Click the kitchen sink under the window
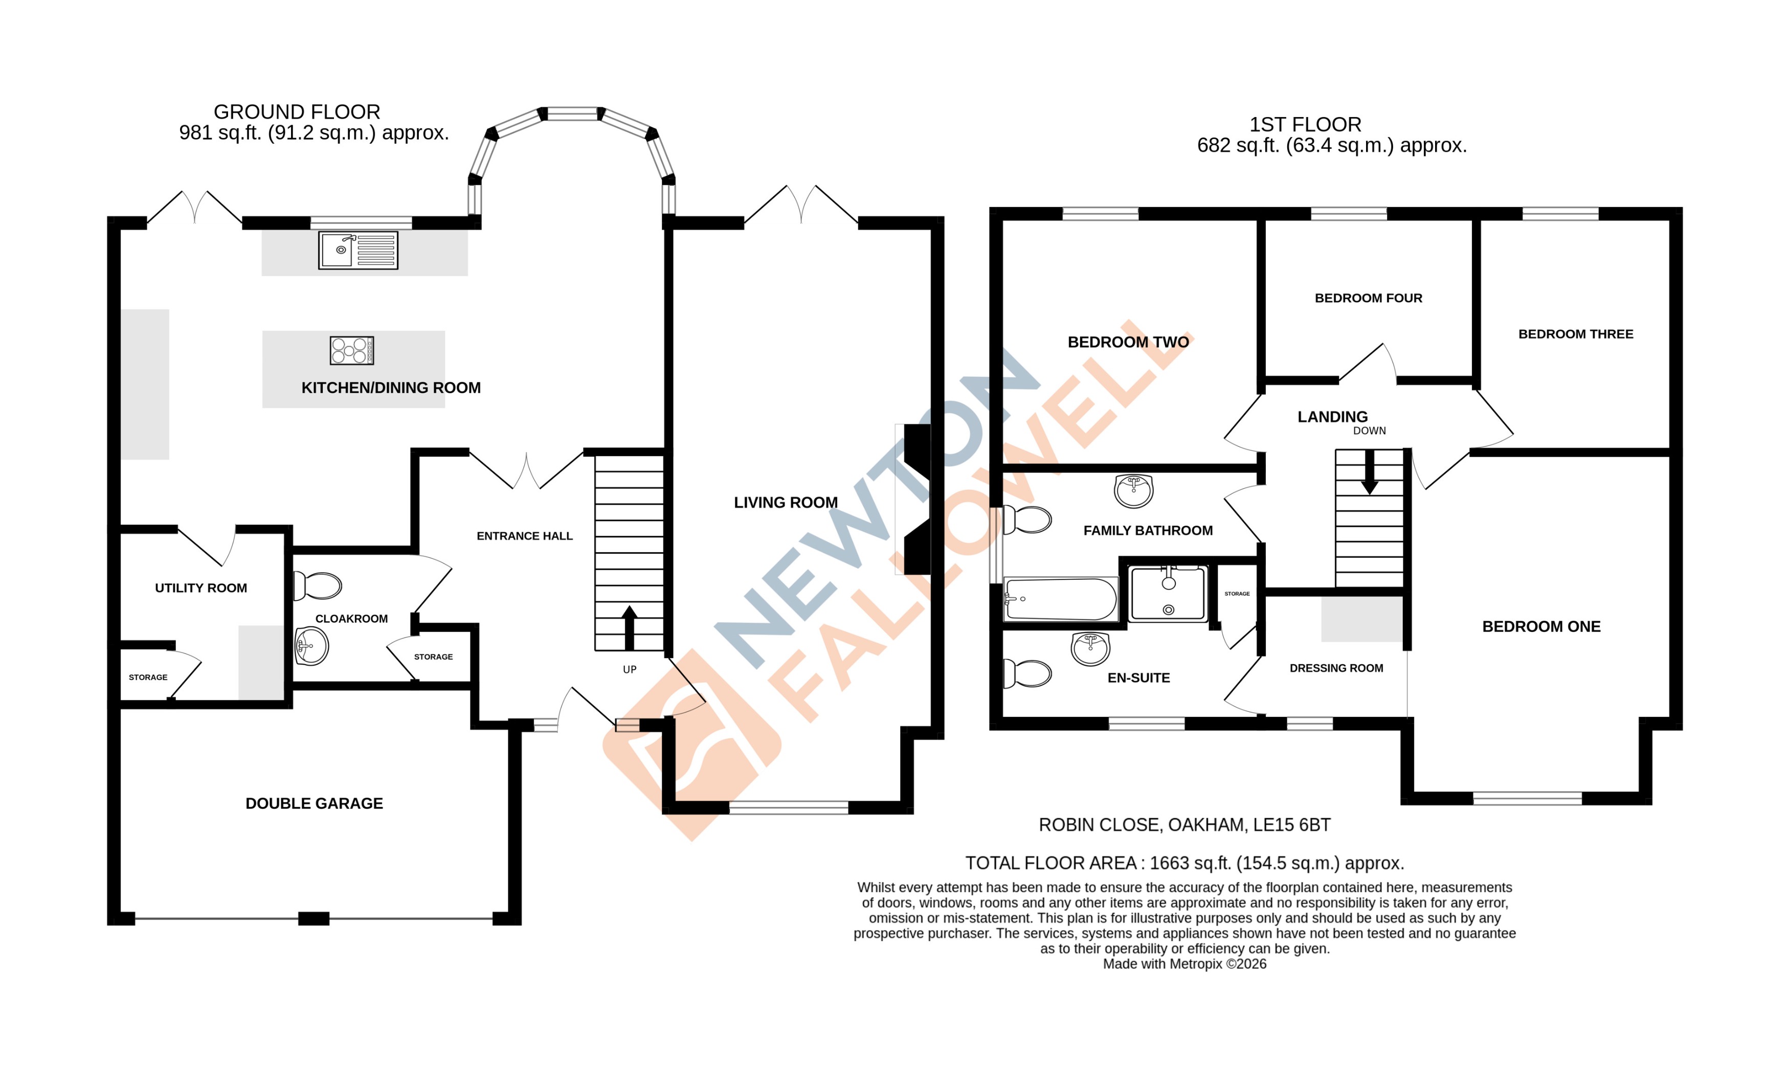click(x=357, y=250)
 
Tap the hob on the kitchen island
click(x=352, y=350)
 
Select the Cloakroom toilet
click(x=318, y=585)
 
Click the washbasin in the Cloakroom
click(x=311, y=645)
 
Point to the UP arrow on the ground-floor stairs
click(x=629, y=627)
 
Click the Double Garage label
click(x=314, y=804)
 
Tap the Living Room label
click(x=786, y=503)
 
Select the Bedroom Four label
click(x=1368, y=298)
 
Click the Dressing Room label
click(x=1336, y=668)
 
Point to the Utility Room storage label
click(x=148, y=677)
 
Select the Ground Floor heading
click(x=297, y=112)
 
